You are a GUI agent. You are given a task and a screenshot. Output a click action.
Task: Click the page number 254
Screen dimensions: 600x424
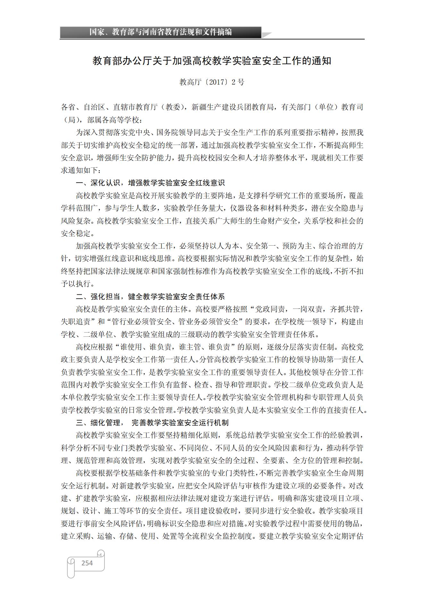[87, 563]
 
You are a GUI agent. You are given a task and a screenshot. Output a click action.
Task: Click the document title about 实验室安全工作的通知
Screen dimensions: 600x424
[212, 61]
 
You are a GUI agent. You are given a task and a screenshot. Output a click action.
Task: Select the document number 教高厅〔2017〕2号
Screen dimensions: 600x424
[212, 82]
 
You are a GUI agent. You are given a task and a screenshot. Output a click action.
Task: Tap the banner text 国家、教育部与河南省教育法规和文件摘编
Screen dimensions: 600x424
[160, 32]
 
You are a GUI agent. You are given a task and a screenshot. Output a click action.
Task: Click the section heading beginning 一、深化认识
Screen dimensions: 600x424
[150, 183]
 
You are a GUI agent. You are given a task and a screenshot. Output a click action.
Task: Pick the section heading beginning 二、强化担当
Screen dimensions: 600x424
[150, 296]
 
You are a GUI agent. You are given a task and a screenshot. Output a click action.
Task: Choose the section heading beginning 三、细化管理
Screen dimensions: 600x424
[152, 423]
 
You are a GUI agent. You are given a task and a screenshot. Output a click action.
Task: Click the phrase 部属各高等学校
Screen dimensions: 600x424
[113, 120]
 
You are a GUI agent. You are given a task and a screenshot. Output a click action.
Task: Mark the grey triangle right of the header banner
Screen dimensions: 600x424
[267, 35]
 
